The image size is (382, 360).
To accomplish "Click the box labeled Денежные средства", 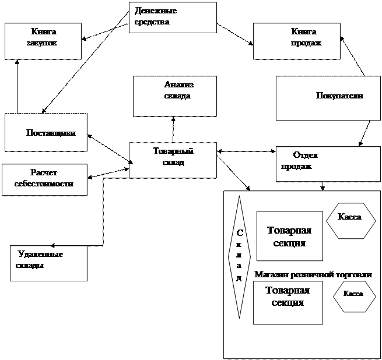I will pyautogui.click(x=172, y=17).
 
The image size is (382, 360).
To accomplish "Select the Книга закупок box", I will pyautogui.click(x=43, y=41).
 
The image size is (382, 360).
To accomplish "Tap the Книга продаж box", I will pyautogui.click(x=296, y=41).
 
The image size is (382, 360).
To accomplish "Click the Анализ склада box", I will pyautogui.click(x=175, y=96).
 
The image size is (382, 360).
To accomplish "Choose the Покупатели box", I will pyautogui.click(x=328, y=98).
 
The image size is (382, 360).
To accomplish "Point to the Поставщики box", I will pyautogui.click(x=45, y=132).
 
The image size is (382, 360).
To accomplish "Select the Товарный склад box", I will pyautogui.click(x=173, y=160).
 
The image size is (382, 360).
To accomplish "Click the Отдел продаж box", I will pyautogui.click(x=328, y=164).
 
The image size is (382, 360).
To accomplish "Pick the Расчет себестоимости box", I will pyautogui.click(x=44, y=179).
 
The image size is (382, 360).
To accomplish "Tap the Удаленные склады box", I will pyautogui.click(x=48, y=263).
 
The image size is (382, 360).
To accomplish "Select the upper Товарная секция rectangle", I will pyautogui.click(x=289, y=236).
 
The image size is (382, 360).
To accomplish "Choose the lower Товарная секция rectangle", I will pyautogui.click(x=288, y=302).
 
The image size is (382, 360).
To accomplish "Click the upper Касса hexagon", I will pyautogui.click(x=350, y=220).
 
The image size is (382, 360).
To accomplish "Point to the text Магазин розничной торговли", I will pyautogui.click(x=313, y=274).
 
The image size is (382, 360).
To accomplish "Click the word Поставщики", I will pyautogui.click(x=51, y=133).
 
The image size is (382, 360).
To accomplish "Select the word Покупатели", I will pyautogui.click(x=339, y=96).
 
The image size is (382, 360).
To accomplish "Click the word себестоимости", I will pyautogui.click(x=44, y=183).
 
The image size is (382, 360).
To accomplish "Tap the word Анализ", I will pyautogui.click(x=178, y=85).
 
